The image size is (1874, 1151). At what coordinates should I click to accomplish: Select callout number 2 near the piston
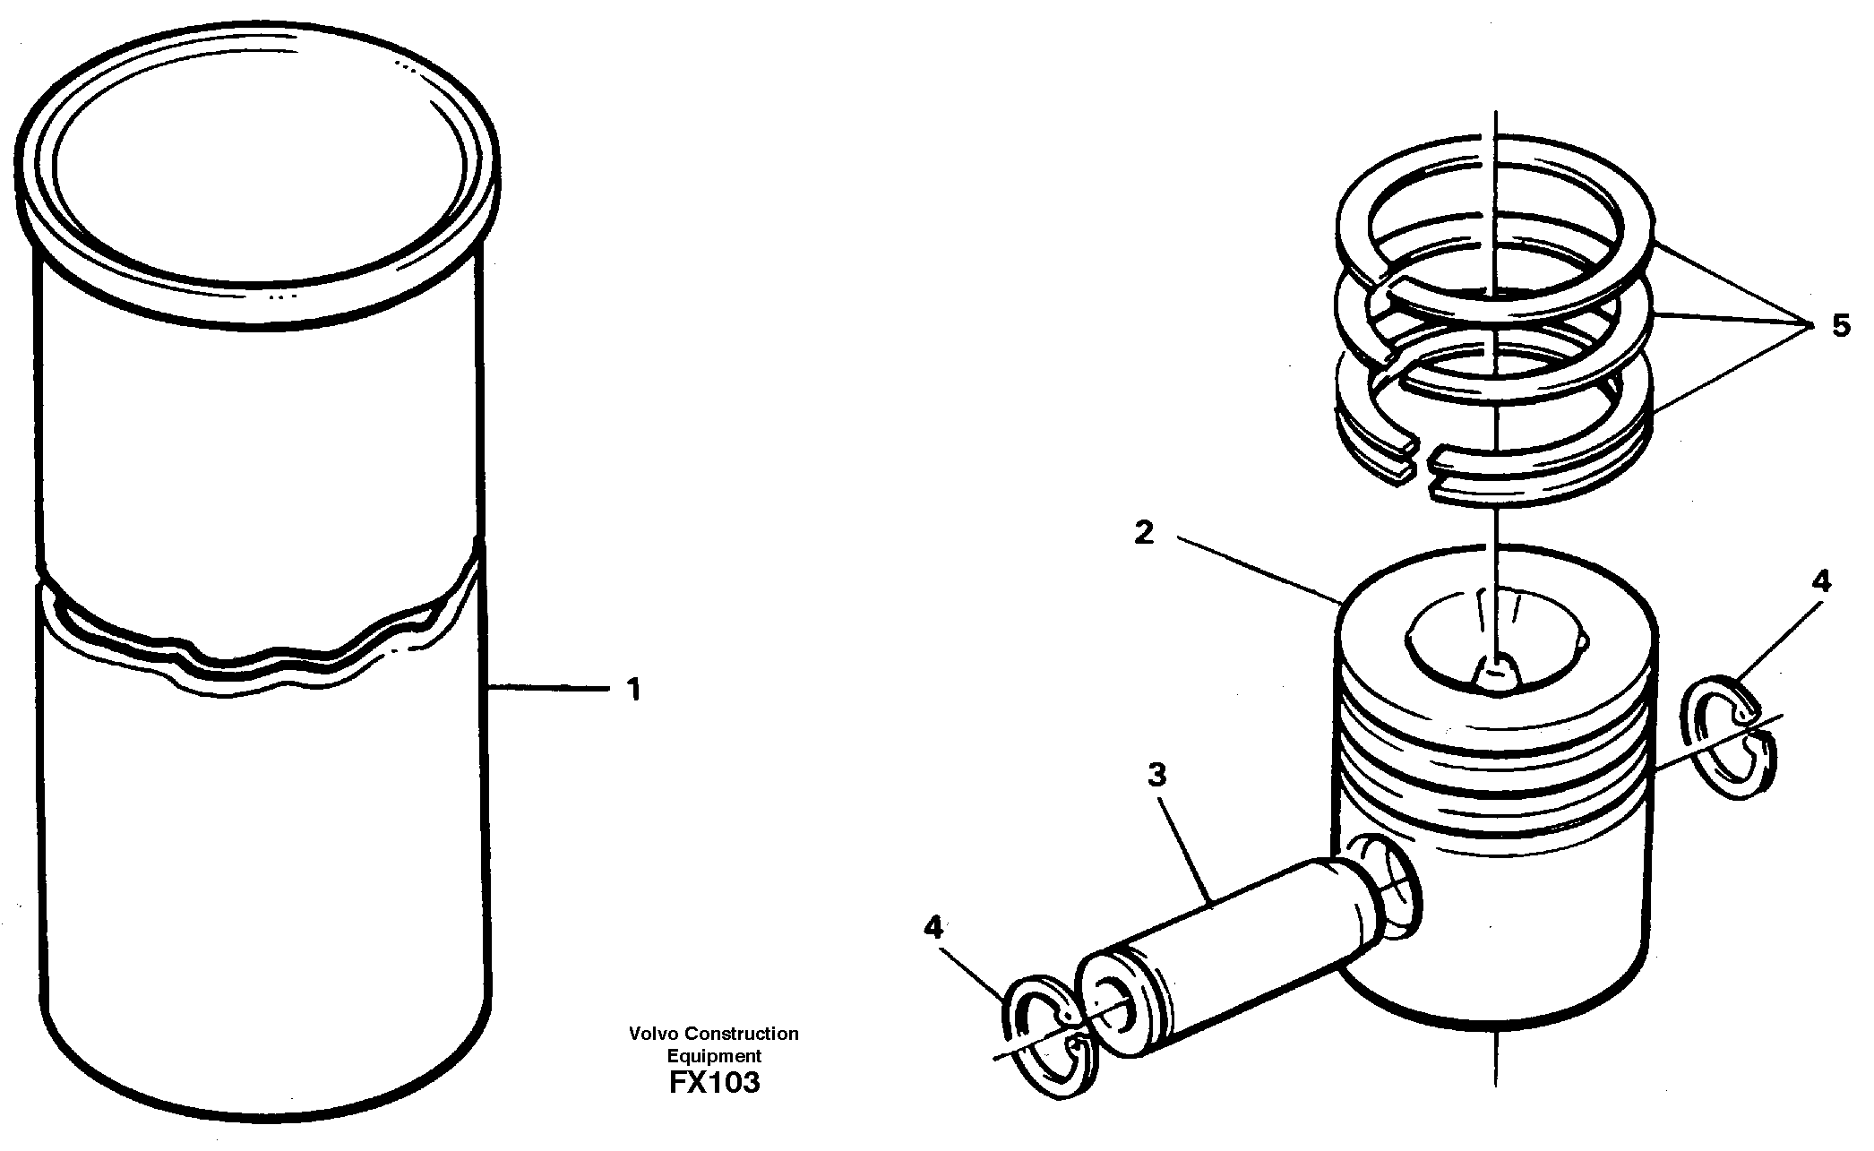[1144, 534]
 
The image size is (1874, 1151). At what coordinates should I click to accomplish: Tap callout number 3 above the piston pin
[1157, 774]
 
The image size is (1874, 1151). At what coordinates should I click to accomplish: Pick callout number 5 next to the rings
[1841, 325]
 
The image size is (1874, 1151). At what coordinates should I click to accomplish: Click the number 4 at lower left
[934, 927]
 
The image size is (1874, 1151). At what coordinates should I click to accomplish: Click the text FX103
[713, 1082]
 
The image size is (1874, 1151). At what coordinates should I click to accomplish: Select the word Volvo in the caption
[651, 1034]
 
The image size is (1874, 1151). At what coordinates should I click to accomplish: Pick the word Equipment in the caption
[713, 1056]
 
